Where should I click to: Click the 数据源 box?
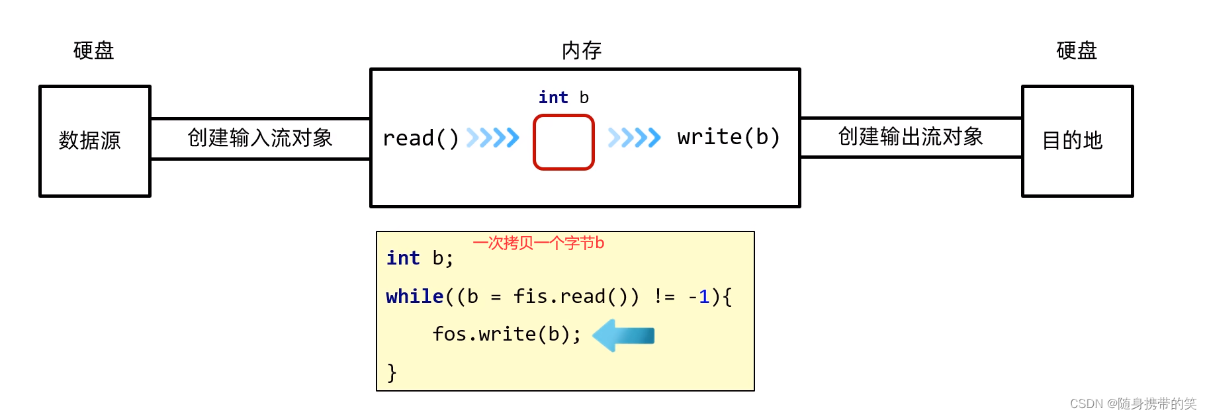click(95, 140)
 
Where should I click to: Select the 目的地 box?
click(1077, 140)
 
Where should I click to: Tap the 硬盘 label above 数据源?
click(93, 51)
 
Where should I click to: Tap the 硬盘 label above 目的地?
click(1076, 51)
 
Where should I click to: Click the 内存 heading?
click(581, 51)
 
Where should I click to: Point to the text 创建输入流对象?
click(259, 138)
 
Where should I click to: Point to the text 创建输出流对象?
click(910, 137)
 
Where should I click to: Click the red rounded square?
click(563, 142)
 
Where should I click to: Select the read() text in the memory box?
click(420, 138)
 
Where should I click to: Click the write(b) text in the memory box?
click(729, 137)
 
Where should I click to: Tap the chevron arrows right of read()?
click(492, 138)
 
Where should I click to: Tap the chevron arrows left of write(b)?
click(634, 138)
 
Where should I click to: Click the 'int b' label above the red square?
click(563, 98)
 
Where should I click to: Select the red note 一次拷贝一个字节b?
click(538, 243)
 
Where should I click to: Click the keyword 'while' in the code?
click(414, 296)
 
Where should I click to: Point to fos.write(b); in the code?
click(506, 334)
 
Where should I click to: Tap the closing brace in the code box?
click(392, 372)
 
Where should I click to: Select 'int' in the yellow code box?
click(403, 258)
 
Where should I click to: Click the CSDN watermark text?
click(1132, 403)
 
